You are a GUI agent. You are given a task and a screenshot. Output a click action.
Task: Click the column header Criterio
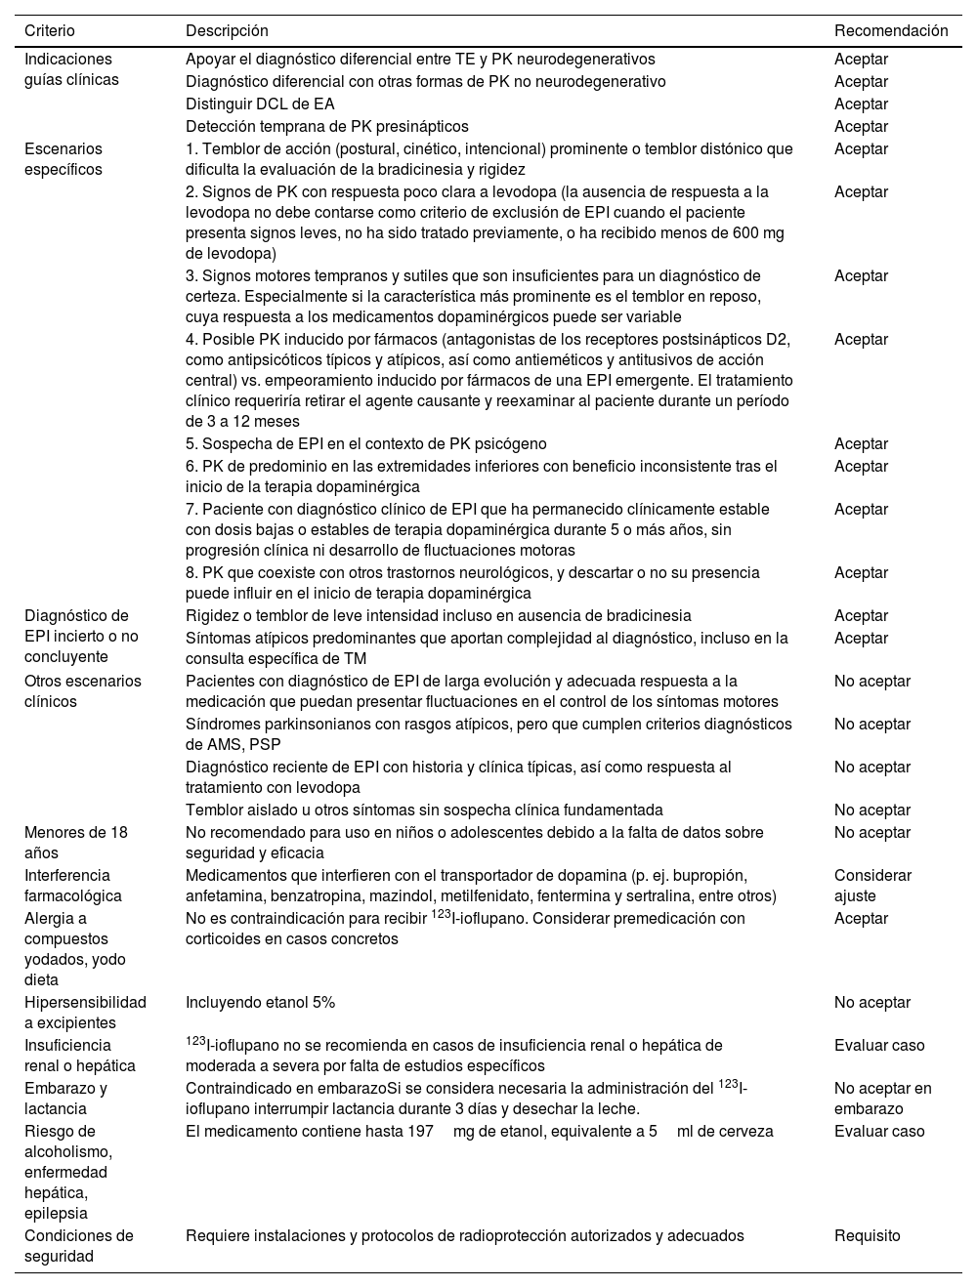tap(49, 31)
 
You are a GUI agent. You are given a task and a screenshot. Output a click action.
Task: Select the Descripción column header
tap(227, 31)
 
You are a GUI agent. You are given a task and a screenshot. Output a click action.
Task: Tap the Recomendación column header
tap(890, 31)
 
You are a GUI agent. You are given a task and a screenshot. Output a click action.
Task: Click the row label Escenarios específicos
tap(64, 159)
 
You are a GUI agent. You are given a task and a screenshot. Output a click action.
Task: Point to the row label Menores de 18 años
tap(75, 843)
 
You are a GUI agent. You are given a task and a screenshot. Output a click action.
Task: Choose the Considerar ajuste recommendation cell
tap(872, 886)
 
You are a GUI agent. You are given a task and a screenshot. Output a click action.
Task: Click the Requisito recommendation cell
tap(867, 1235)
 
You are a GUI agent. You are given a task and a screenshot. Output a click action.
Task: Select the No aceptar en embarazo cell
tap(882, 1099)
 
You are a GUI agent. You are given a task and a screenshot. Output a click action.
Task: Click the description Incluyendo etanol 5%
tap(260, 1002)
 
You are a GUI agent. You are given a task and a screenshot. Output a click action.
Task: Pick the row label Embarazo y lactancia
tap(65, 1099)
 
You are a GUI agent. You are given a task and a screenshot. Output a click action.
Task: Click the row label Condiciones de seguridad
tap(78, 1246)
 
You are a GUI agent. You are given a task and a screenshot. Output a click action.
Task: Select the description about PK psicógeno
tap(365, 444)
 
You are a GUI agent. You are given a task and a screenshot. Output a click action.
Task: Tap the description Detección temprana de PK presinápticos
tap(326, 126)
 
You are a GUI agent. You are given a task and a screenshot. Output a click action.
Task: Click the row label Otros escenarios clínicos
tap(82, 691)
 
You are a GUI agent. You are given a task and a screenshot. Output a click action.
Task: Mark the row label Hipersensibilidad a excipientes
tap(85, 1013)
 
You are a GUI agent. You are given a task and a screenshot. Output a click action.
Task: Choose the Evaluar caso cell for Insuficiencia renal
tap(878, 1045)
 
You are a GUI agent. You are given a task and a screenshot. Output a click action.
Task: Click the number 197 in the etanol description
tap(421, 1132)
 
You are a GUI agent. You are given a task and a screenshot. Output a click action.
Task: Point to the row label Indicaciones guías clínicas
tap(71, 69)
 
